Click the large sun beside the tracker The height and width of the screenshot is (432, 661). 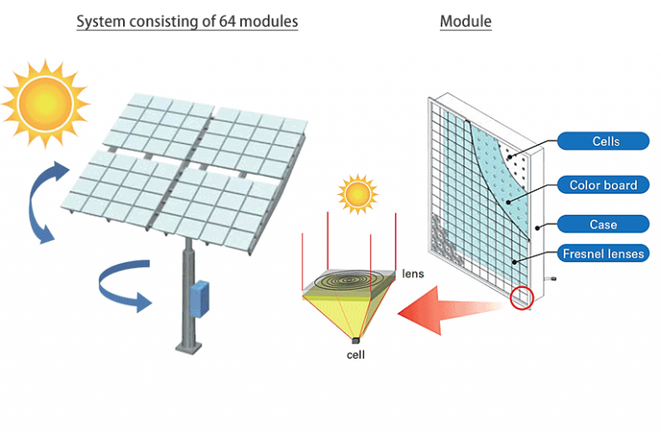[45, 103]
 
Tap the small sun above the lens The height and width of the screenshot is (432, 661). [357, 194]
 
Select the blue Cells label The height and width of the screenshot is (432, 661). [602, 141]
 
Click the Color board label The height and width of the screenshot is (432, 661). [602, 185]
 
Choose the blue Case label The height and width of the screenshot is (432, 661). [602, 224]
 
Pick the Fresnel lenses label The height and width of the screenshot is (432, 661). [602, 254]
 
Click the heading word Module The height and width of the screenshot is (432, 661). [466, 21]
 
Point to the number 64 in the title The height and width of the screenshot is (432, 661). [227, 21]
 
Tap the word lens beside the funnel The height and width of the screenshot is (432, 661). [413, 273]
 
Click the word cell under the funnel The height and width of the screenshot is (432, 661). [355, 354]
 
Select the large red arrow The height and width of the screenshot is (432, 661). [451, 310]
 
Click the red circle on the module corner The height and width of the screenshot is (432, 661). [522, 297]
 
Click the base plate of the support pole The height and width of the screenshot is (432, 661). [189, 348]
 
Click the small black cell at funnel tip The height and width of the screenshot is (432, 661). [355, 340]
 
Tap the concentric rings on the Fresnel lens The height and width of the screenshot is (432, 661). [350, 279]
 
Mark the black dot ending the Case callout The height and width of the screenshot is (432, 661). [537, 228]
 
